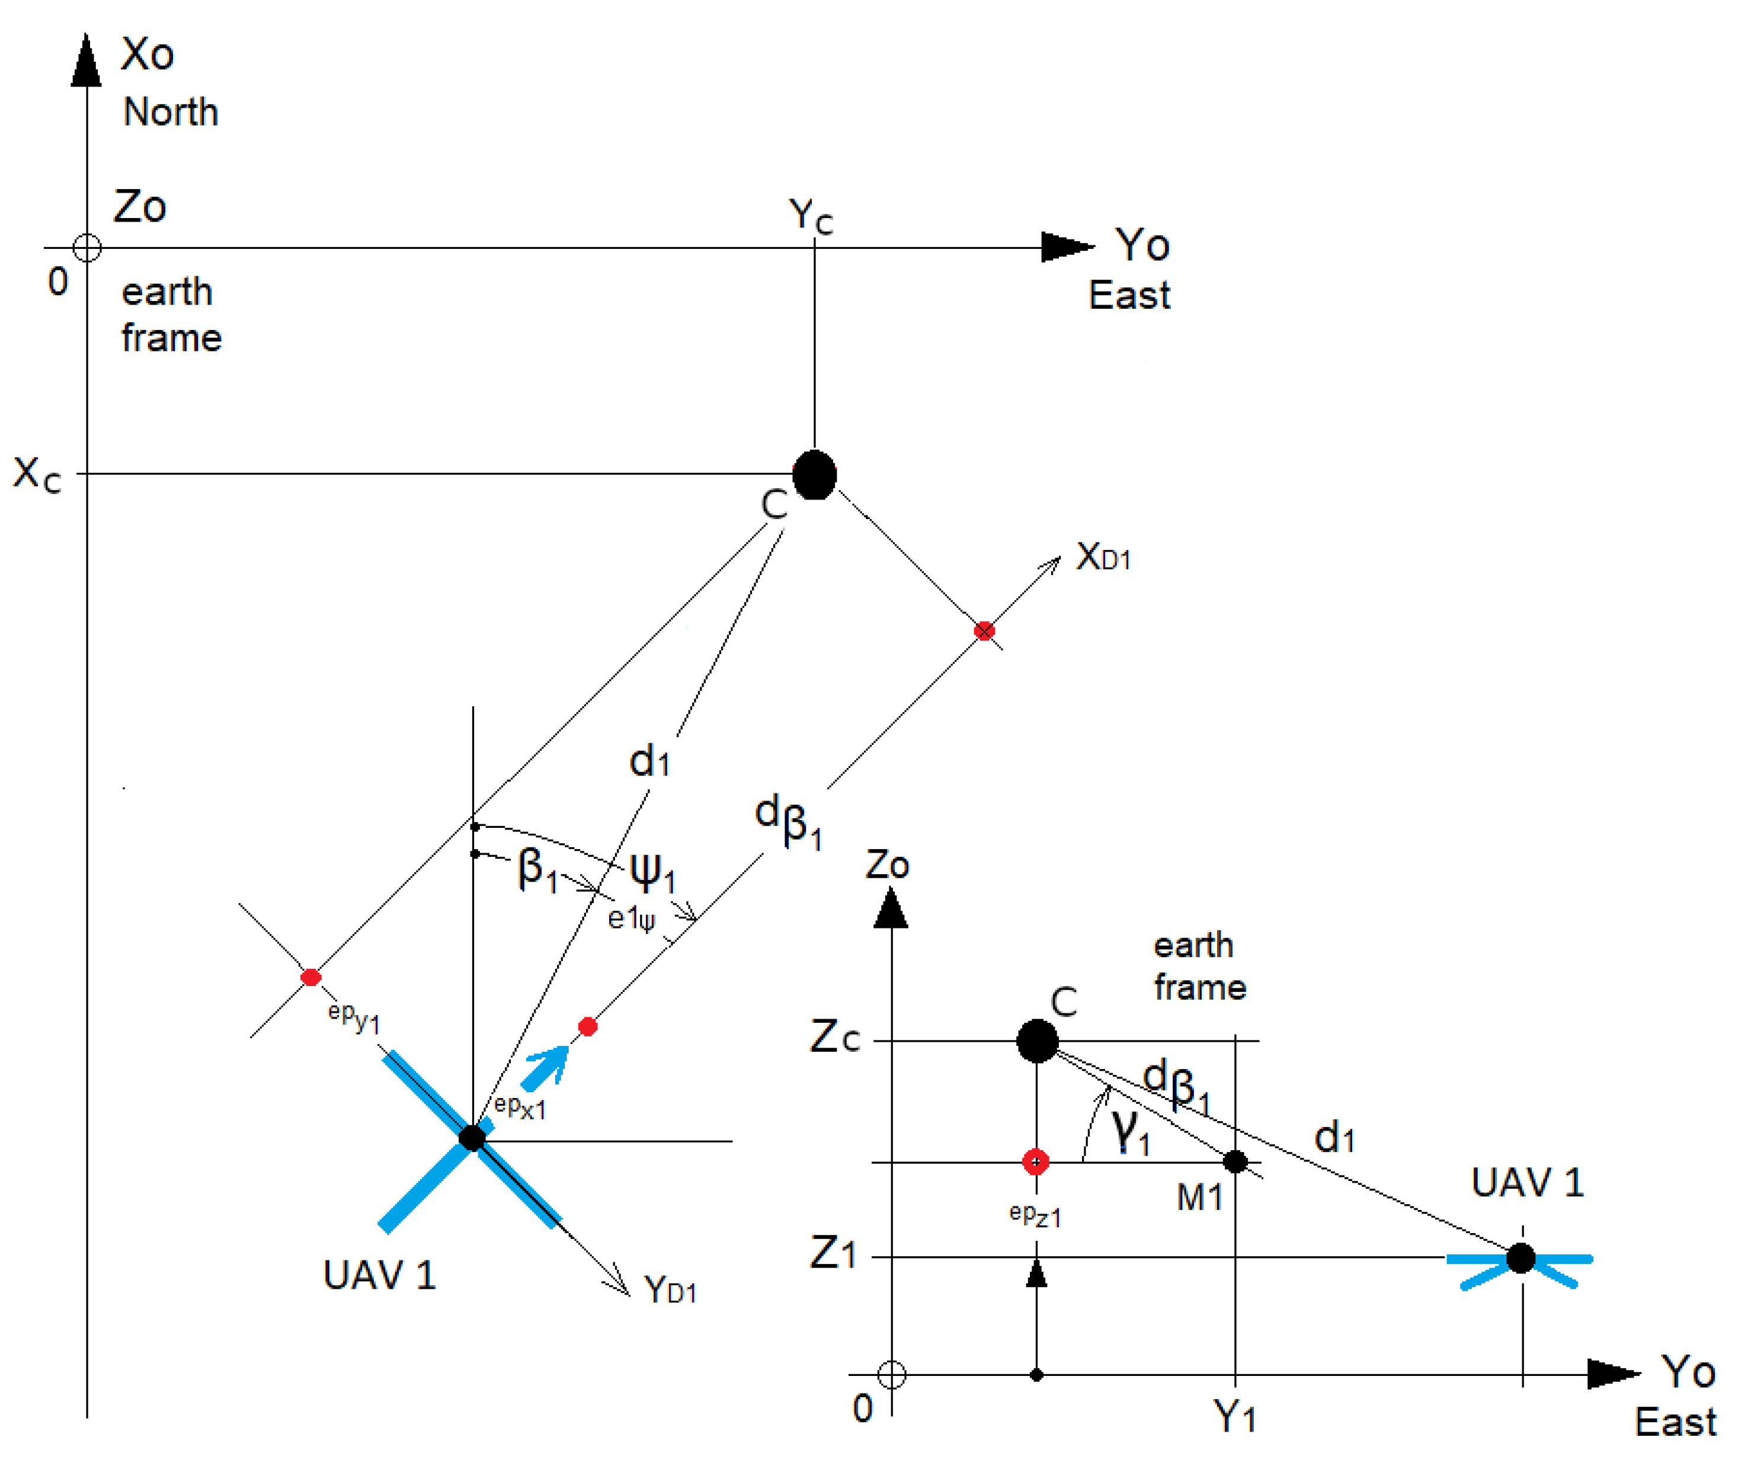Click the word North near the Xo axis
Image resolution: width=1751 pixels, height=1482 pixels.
[x=171, y=112]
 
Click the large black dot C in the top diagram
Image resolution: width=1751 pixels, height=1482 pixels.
[x=814, y=475]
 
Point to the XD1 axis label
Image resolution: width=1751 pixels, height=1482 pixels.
[x=1103, y=556]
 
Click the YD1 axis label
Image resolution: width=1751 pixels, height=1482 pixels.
[x=670, y=1289]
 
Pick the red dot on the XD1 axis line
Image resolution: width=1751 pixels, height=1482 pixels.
[x=984, y=631]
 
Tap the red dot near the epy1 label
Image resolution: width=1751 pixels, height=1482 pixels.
[x=311, y=977]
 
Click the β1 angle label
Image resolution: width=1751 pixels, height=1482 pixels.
[x=537, y=869]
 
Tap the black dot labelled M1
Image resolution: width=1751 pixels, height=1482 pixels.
[x=1235, y=1162]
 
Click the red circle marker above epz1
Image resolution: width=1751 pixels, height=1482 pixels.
[x=1036, y=1162]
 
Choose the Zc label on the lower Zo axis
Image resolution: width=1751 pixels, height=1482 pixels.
[x=834, y=1037]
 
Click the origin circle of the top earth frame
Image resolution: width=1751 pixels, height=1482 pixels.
[x=87, y=248]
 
